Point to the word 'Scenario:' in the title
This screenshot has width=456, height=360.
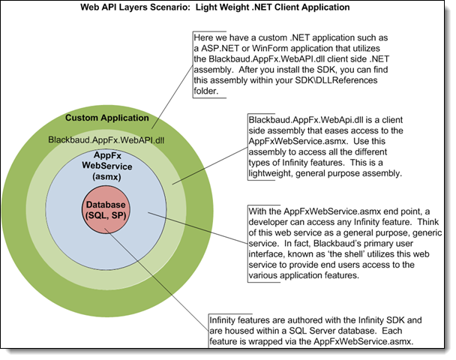click(x=202, y=7)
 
